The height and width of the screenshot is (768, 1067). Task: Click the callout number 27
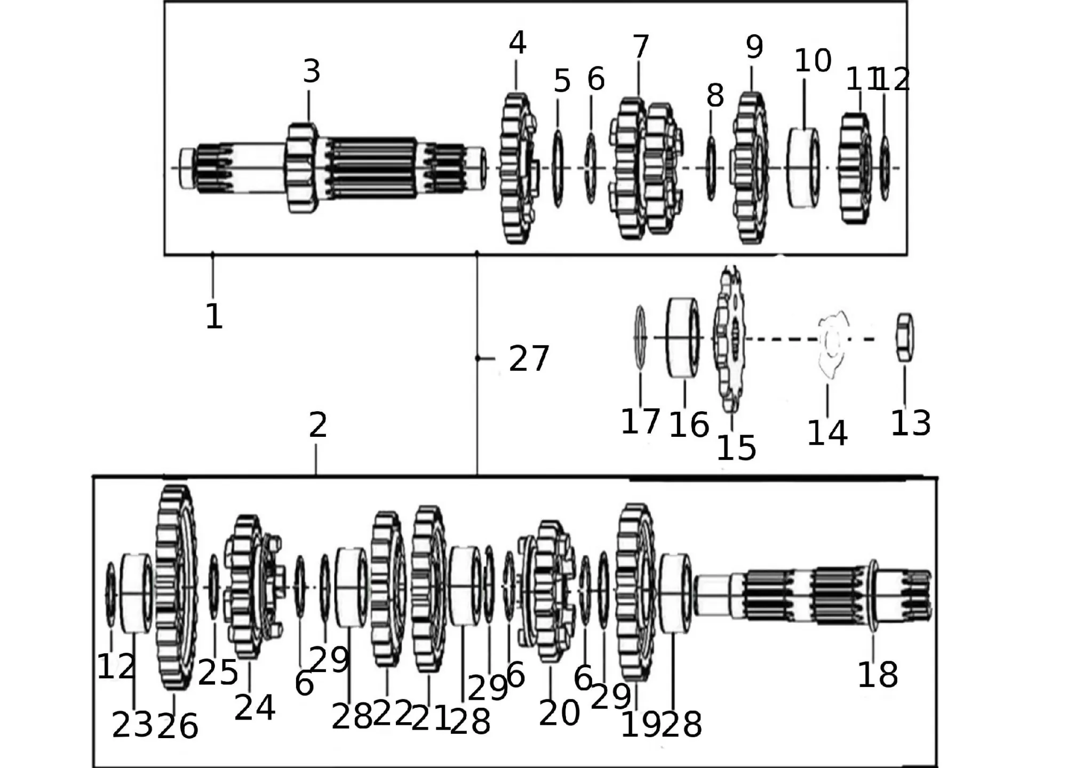pos(528,358)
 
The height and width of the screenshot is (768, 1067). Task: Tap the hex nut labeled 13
pos(904,337)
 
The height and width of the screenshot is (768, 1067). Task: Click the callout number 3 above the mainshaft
pos(312,71)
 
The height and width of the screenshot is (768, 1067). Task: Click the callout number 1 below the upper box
pos(213,316)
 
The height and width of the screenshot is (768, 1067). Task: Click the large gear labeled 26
pos(175,587)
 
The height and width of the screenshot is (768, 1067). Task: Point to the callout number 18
pos(877,675)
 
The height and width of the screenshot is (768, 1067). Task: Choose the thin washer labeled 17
pos(640,338)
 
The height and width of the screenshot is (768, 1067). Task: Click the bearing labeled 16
pos(684,338)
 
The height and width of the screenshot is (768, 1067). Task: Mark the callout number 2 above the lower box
pos(317,426)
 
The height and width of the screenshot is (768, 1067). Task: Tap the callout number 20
pos(559,713)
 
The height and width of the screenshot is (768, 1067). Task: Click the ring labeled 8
pos(711,168)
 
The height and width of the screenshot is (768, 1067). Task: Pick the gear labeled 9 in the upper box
pos(751,168)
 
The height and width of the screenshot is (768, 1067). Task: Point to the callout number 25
pos(218,673)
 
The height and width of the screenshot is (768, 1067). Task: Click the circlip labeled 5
pos(558,168)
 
